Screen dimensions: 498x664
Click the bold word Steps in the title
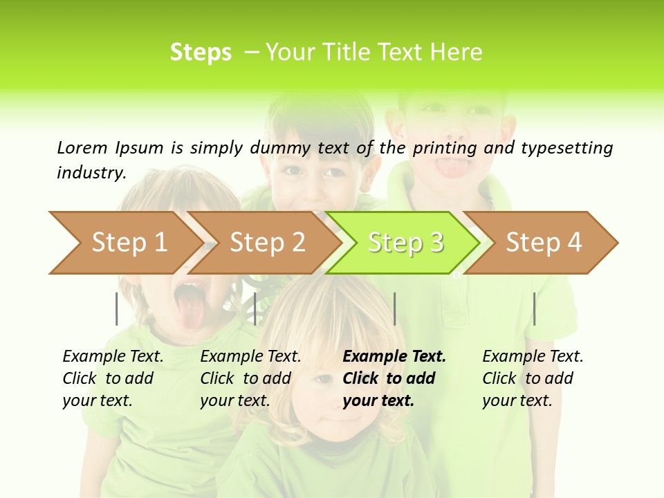[x=201, y=52]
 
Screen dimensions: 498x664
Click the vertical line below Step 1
[x=117, y=308]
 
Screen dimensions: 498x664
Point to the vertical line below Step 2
[x=255, y=308]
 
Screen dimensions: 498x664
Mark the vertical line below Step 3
[x=394, y=308]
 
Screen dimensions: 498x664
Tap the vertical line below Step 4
[x=534, y=308]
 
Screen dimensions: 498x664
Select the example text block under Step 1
[x=113, y=378]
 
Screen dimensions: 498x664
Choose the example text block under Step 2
[x=250, y=378]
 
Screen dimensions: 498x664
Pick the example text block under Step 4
[x=533, y=378]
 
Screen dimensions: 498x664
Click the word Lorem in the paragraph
[x=82, y=147]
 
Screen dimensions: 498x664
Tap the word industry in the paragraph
[x=91, y=172]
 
